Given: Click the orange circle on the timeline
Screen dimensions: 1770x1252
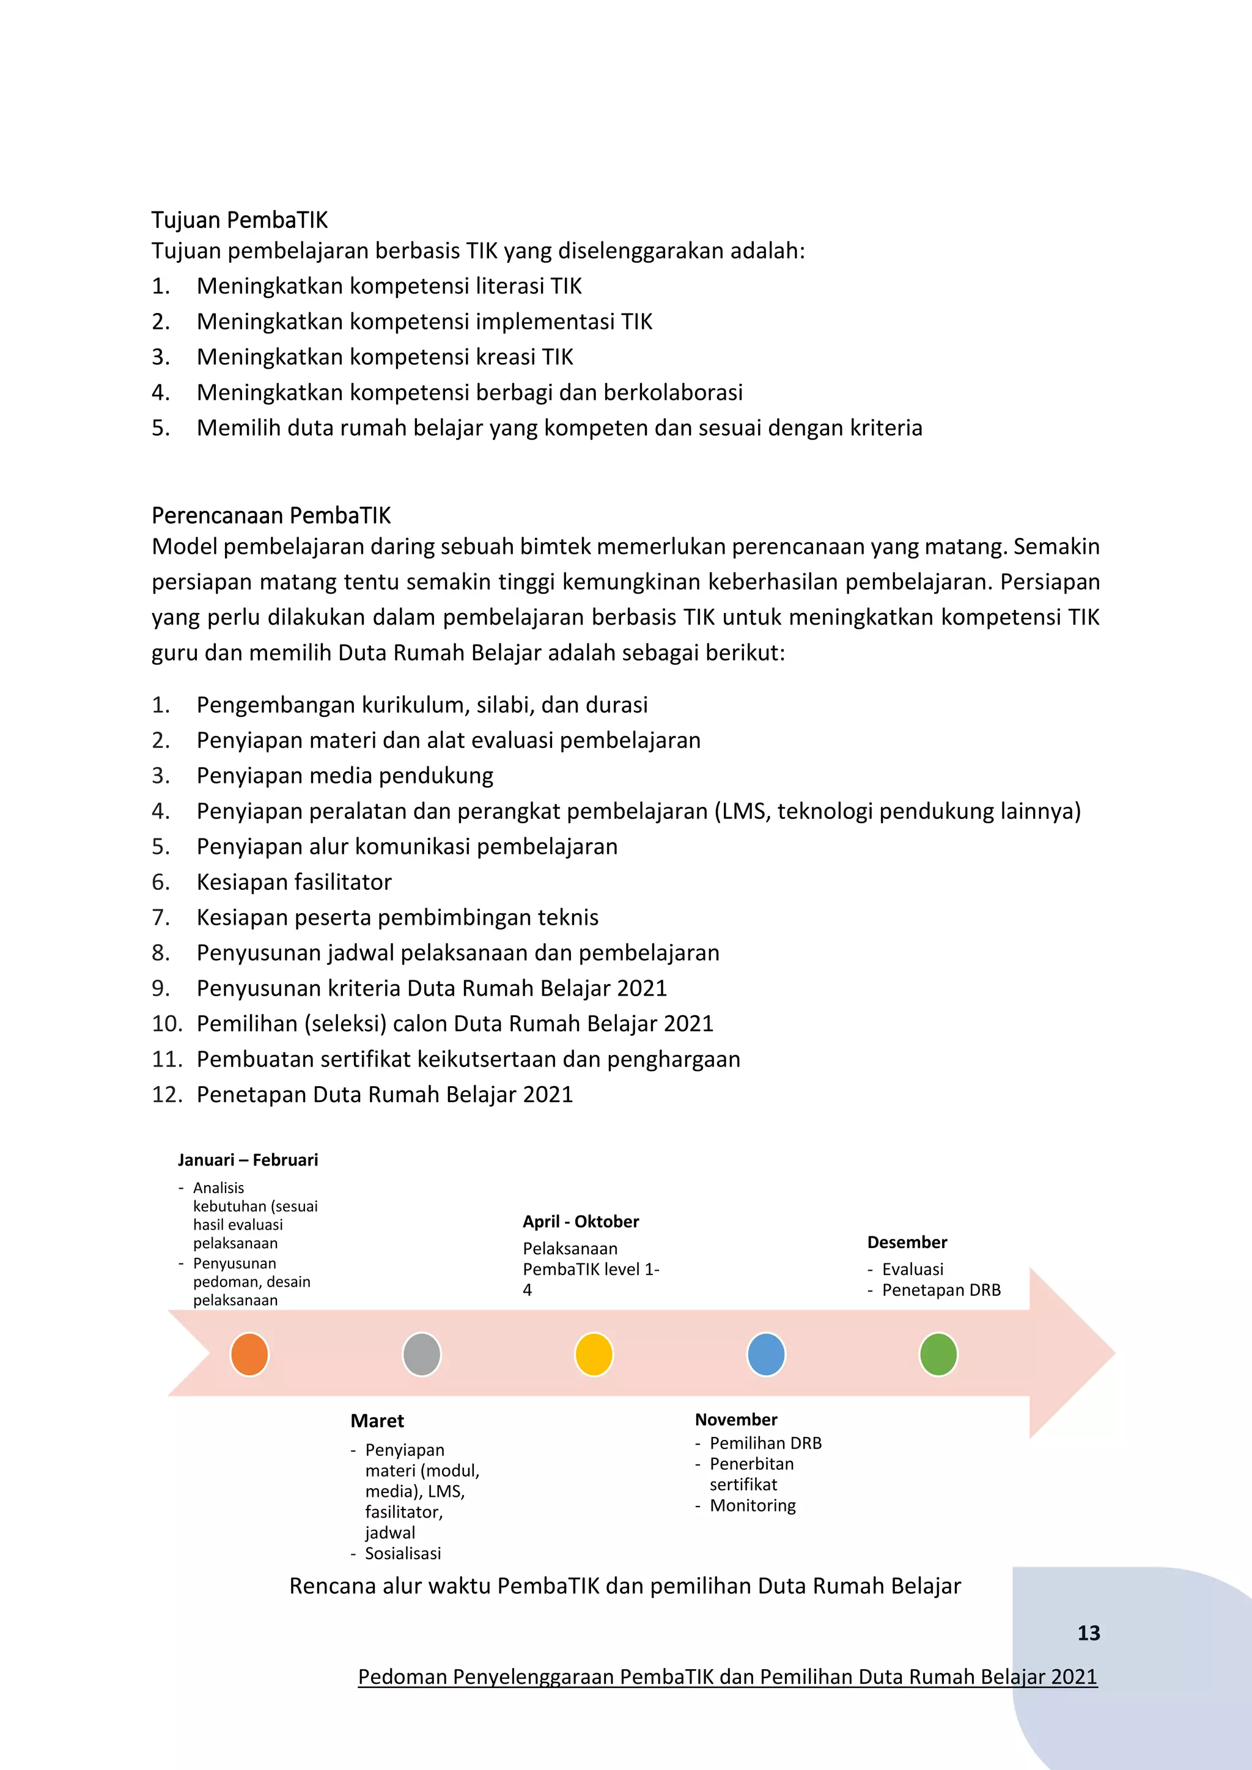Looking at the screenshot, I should click(249, 1354).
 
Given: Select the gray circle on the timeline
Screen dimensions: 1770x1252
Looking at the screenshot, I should click(422, 1354).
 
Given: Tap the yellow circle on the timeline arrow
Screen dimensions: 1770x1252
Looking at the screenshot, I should click(594, 1354).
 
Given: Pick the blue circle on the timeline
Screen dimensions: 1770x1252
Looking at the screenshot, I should click(767, 1354).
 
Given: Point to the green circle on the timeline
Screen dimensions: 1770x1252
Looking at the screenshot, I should click(938, 1354).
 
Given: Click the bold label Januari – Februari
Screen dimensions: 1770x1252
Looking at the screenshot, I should click(248, 1159).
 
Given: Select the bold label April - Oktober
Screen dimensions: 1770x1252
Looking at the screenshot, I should click(581, 1221).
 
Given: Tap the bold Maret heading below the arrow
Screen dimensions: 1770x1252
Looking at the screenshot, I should click(377, 1421).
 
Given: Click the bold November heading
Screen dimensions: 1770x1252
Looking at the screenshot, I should click(735, 1419).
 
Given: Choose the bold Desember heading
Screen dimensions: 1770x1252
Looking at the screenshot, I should click(907, 1242).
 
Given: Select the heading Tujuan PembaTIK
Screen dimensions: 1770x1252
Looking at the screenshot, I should click(239, 221).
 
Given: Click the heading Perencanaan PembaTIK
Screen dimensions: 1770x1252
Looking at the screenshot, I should click(271, 515).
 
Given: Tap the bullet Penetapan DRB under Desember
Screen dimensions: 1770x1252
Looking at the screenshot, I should click(941, 1290).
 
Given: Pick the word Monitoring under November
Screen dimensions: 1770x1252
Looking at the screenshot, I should click(753, 1505).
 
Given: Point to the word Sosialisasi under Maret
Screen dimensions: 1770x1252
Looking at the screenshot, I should click(402, 1554).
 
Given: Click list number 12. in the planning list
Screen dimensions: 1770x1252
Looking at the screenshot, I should click(166, 1095).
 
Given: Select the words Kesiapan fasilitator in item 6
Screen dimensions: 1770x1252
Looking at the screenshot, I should click(293, 882).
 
